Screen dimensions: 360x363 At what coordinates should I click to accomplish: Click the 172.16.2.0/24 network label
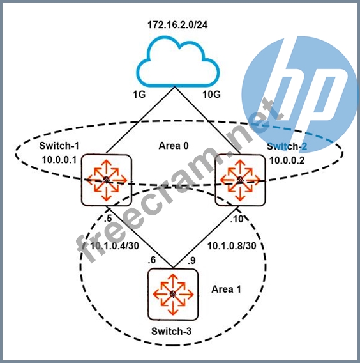pyautogui.click(x=177, y=25)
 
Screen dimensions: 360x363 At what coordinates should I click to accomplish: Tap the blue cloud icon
pyautogui.click(x=178, y=61)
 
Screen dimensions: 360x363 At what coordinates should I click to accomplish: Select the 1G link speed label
pyautogui.click(x=139, y=94)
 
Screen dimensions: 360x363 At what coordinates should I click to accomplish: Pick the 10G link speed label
pyautogui.click(x=211, y=94)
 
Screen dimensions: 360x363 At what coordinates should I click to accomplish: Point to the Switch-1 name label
pyautogui.click(x=59, y=146)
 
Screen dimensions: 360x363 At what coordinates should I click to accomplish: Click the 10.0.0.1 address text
pyautogui.click(x=59, y=160)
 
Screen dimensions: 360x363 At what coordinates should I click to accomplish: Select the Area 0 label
pyautogui.click(x=174, y=146)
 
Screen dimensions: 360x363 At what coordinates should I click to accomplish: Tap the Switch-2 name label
pyautogui.click(x=287, y=146)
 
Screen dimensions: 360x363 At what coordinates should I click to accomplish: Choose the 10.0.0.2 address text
pyautogui.click(x=287, y=160)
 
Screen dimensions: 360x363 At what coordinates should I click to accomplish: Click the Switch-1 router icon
pyautogui.click(x=107, y=180)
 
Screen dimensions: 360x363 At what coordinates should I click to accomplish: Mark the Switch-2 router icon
pyautogui.click(x=240, y=180)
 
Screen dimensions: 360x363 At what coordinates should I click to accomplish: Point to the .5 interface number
pyautogui.click(x=108, y=219)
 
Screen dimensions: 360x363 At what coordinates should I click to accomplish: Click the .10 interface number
pyautogui.click(x=237, y=219)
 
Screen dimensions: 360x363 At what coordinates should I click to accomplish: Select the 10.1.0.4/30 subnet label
pyautogui.click(x=114, y=246)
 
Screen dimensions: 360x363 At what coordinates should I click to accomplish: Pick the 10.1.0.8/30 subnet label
pyautogui.click(x=232, y=246)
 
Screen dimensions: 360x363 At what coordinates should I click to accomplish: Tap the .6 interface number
pyautogui.click(x=152, y=260)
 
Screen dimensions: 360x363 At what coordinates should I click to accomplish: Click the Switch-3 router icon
pyautogui.click(x=173, y=295)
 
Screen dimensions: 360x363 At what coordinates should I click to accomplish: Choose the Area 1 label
pyautogui.click(x=226, y=289)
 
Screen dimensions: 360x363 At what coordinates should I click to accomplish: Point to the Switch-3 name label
pyautogui.click(x=171, y=331)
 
